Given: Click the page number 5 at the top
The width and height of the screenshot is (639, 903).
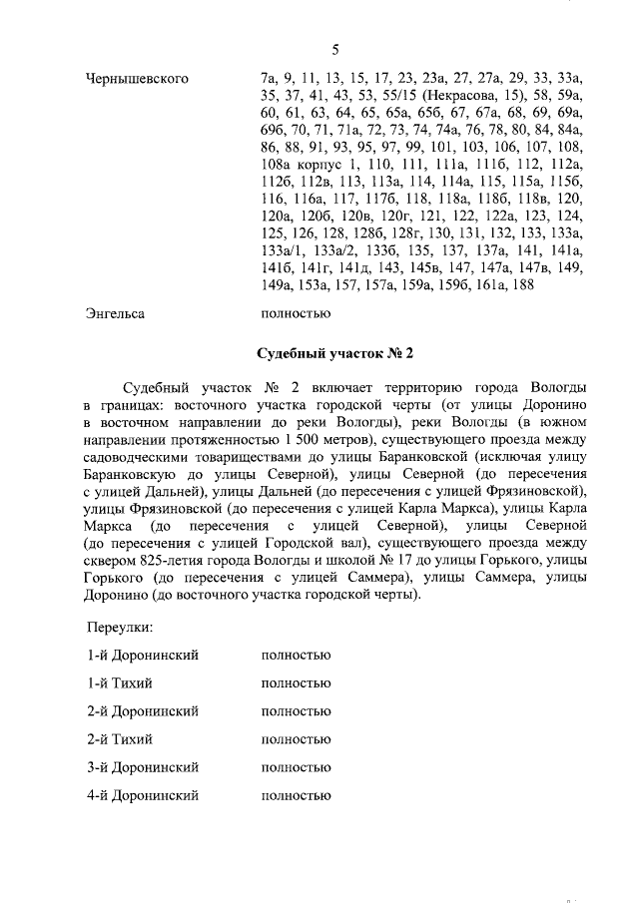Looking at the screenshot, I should [x=335, y=51].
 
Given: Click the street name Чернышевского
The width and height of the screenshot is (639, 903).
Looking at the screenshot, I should [x=139, y=77].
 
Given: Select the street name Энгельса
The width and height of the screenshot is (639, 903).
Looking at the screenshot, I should [x=116, y=313].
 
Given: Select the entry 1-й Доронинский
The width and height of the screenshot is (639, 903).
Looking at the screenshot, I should [x=142, y=655].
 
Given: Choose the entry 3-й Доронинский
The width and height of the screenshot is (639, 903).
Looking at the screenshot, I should [x=142, y=767].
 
